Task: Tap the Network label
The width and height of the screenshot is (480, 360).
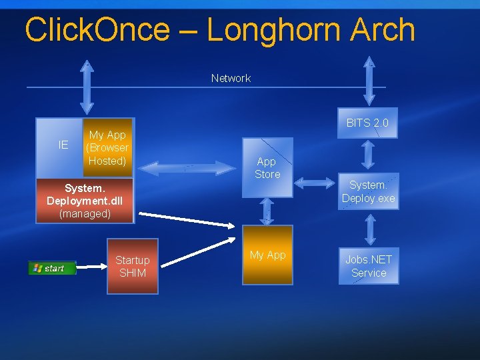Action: (x=231, y=78)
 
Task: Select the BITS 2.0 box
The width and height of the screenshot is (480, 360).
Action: (x=367, y=123)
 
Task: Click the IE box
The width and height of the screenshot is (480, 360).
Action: (x=63, y=145)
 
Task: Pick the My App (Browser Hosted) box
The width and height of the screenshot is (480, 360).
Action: (x=107, y=147)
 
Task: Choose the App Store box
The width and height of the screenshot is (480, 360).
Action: (x=267, y=167)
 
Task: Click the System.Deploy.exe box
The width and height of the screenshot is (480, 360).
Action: (x=368, y=191)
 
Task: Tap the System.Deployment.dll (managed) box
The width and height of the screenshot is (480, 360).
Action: (x=84, y=201)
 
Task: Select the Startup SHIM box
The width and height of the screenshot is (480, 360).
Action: (x=132, y=266)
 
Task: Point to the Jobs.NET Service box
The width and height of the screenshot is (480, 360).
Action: (x=369, y=266)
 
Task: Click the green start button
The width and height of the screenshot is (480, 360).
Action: (x=52, y=268)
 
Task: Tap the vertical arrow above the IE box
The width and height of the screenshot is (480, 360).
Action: (x=86, y=87)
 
